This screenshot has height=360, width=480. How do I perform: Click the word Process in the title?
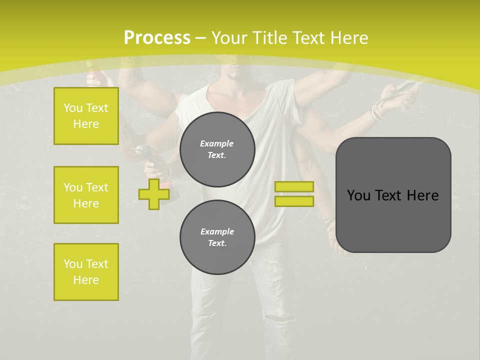[x=157, y=37]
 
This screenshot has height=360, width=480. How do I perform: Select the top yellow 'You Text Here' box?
[x=86, y=116]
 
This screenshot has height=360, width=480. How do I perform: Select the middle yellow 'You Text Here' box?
[x=86, y=195]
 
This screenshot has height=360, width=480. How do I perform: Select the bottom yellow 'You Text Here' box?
[x=86, y=272]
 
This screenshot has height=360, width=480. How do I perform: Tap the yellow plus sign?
[x=154, y=194]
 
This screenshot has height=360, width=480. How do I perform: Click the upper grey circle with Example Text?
[x=217, y=149]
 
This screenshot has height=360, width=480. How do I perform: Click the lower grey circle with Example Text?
[x=217, y=237]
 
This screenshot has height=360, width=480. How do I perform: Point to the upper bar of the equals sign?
[x=294, y=187]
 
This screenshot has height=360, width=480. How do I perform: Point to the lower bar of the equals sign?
[x=294, y=201]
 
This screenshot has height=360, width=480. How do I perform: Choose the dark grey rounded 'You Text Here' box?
[x=393, y=195]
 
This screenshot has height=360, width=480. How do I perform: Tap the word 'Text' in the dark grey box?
[x=389, y=195]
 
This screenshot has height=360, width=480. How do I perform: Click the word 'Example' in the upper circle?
[x=217, y=143]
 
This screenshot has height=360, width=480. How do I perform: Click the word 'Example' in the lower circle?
[x=217, y=231]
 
